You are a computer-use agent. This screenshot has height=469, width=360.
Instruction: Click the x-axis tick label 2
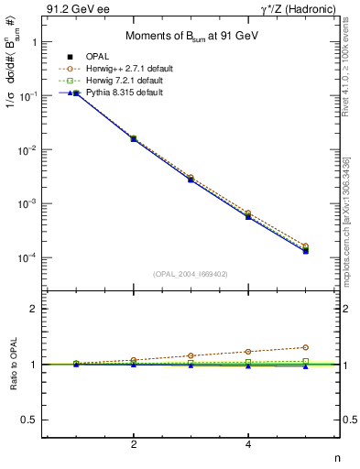tap(134, 445)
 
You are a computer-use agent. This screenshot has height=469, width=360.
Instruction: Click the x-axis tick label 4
tap(248, 445)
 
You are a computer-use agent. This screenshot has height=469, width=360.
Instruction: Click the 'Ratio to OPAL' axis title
tap(13, 364)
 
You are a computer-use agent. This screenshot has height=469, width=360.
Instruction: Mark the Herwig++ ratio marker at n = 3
tap(191, 355)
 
